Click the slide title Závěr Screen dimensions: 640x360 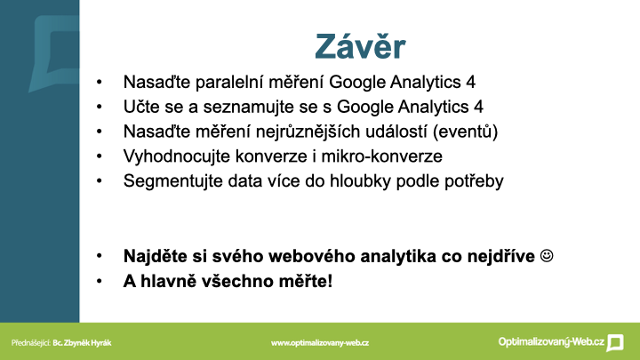coord(360,45)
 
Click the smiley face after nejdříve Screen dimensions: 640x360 coord(547,256)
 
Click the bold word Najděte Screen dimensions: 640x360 coord(150,256)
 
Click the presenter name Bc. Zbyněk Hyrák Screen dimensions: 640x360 coord(82,343)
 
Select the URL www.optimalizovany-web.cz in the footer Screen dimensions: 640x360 coord(320,343)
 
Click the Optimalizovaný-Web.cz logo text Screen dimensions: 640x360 coord(551,342)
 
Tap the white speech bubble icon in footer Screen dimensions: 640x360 coord(615,342)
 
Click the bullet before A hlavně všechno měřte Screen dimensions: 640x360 coord(100,281)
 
